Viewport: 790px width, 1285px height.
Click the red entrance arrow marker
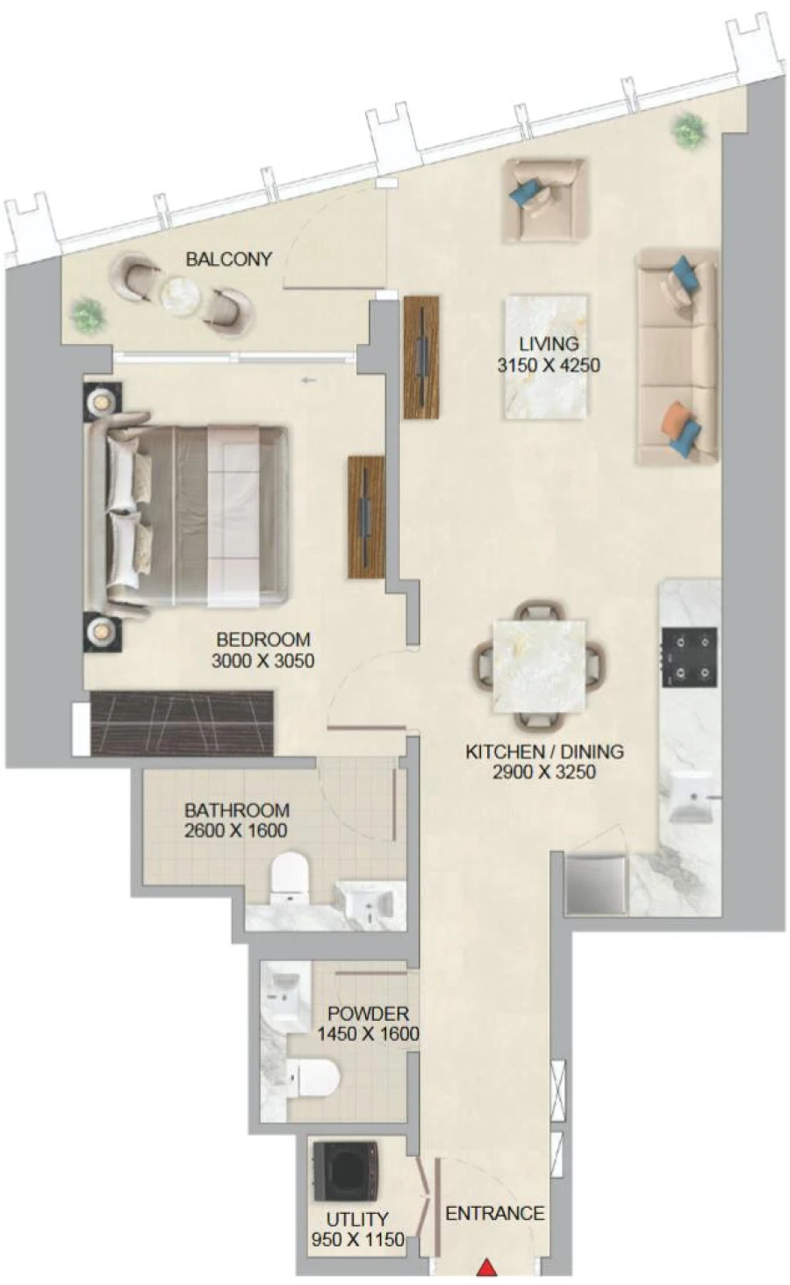(x=485, y=1267)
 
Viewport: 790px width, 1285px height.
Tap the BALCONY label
(x=228, y=259)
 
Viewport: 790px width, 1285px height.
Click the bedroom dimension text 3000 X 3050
(x=262, y=661)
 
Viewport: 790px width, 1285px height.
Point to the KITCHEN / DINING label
(x=544, y=751)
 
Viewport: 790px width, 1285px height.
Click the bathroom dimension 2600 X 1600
(x=235, y=830)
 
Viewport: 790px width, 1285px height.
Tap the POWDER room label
(x=368, y=1013)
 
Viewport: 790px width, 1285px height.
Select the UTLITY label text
(x=357, y=1219)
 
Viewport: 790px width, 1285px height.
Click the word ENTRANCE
(x=495, y=1213)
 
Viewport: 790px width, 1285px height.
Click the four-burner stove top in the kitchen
(x=689, y=657)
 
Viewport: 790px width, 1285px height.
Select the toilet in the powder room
(x=312, y=1077)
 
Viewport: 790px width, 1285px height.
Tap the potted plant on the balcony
(x=88, y=313)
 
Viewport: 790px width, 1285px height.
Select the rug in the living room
(x=544, y=355)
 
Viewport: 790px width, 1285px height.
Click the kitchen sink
(x=691, y=797)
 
